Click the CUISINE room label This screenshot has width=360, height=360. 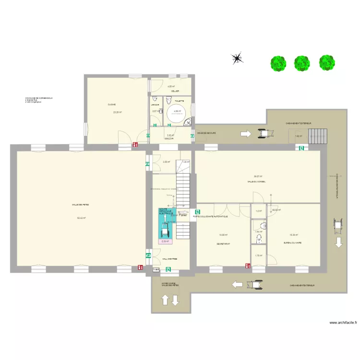[x=111, y=105]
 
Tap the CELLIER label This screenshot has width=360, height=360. [x=175, y=91]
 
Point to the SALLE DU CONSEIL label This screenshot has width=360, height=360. [x=257, y=182]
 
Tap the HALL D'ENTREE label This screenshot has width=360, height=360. [x=169, y=259]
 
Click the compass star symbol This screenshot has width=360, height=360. [x=237, y=59]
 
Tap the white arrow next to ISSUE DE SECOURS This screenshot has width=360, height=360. [x=245, y=134]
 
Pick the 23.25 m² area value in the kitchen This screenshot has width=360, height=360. [x=117, y=112]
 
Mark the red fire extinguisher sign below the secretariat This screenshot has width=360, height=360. [x=246, y=266]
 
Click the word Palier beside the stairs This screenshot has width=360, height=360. [x=183, y=216]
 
